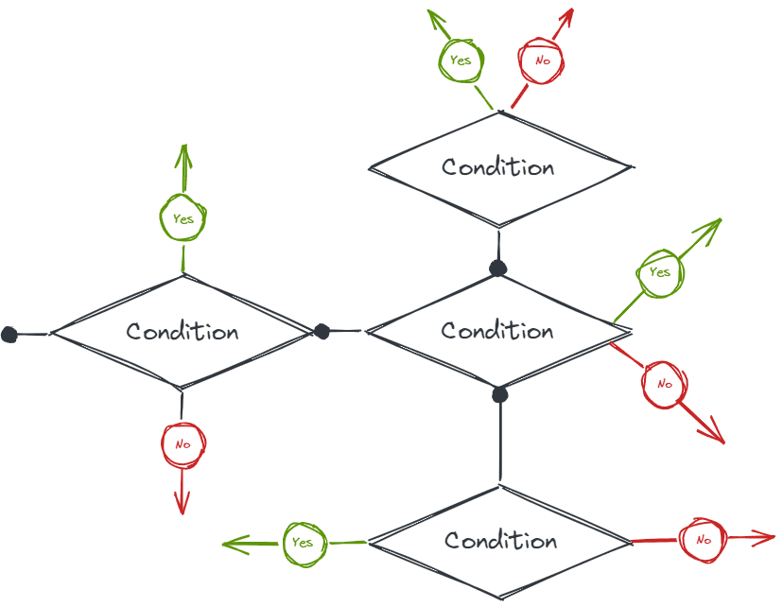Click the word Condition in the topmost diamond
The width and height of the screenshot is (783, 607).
(497, 167)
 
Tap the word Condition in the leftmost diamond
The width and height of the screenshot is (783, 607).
(182, 332)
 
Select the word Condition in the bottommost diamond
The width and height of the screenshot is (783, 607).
(500, 541)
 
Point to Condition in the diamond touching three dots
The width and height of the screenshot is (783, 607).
(497, 331)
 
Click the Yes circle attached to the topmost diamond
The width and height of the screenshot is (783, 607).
(461, 61)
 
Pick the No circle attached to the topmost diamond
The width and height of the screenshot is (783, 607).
(542, 61)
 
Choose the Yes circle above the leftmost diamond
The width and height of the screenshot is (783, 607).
(183, 218)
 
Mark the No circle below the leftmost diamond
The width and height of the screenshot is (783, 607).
(183, 444)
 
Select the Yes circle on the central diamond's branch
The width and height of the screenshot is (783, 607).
(660, 272)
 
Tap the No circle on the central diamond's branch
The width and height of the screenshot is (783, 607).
(664, 384)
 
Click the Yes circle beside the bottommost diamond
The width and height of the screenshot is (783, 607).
(303, 543)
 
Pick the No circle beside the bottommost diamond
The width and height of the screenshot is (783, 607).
(703, 540)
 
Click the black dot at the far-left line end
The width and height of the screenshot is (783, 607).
(9, 334)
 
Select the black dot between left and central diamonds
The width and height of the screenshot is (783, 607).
(322, 331)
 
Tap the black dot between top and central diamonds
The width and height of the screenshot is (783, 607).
(498, 269)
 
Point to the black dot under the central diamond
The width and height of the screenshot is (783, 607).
(500, 394)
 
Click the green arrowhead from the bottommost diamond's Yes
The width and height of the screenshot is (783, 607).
(228, 545)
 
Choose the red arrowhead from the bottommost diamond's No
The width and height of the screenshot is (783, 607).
(770, 538)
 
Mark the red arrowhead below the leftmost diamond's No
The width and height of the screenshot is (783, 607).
(182, 509)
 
